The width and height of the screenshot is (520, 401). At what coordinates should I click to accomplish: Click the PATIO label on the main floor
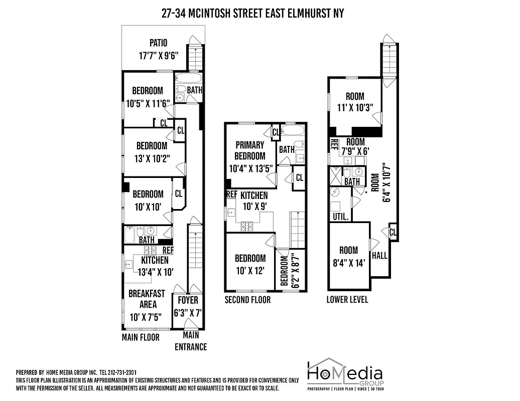pos(158,43)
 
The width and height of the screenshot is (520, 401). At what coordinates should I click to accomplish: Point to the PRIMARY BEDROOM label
pos(250,150)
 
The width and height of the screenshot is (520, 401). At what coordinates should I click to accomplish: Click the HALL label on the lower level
pos(380,256)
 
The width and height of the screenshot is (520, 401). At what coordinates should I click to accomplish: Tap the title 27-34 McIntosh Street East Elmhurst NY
pos(253,13)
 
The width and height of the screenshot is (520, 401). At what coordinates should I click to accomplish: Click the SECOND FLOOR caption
pos(247,300)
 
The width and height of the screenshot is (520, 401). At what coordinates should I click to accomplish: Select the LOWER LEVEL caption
pos(347,300)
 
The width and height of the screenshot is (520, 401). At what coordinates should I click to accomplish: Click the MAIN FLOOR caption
pos(141,337)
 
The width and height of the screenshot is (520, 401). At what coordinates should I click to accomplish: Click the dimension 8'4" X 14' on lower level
pos(348,262)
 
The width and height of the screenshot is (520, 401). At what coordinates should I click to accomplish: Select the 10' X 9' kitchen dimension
pos(253,206)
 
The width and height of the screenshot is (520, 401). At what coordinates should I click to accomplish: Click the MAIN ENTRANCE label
pos(190,341)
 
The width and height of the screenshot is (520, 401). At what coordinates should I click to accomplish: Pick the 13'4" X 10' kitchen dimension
pos(156,272)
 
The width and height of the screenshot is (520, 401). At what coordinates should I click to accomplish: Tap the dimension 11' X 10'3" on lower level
pos(355,107)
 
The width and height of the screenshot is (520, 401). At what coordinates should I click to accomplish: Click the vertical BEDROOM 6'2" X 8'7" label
pos(285,271)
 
